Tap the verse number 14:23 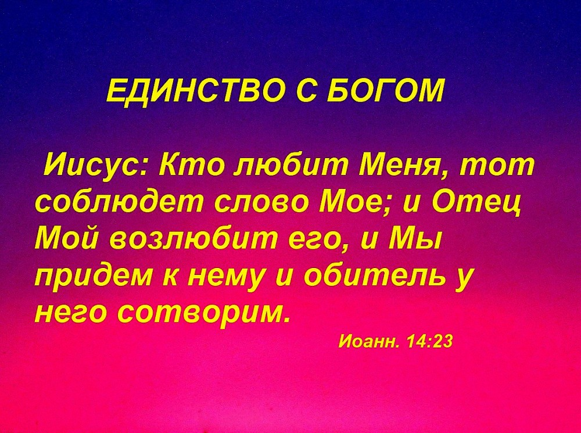[429, 341]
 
